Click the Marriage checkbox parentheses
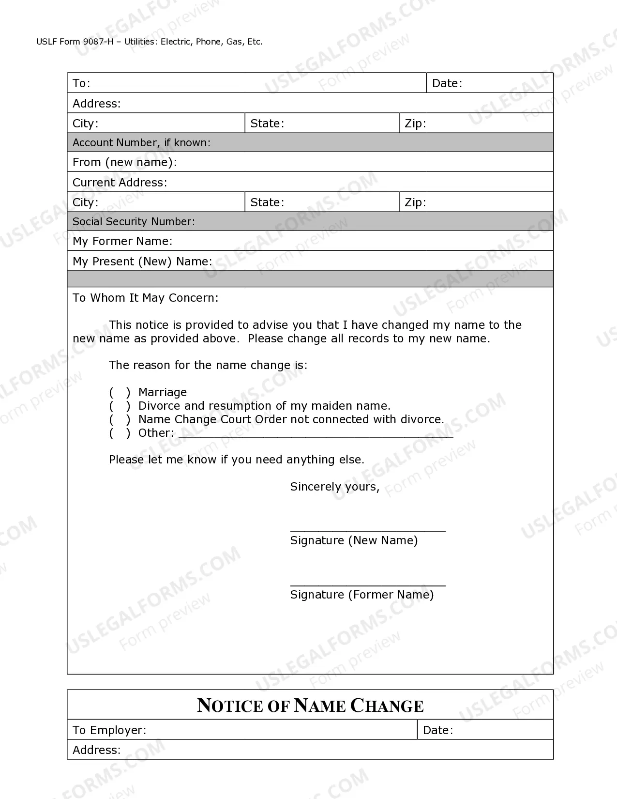coord(120,392)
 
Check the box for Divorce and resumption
coord(120,406)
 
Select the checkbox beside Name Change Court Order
coord(120,419)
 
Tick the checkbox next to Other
coord(120,433)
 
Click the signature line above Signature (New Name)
coord(367,528)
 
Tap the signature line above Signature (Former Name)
coord(367,582)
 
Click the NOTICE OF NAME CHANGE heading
coord(310,706)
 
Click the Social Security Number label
coord(134,222)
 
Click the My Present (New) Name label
coord(142,261)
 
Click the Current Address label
coord(120,183)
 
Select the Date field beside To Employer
coord(501,730)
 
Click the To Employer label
coord(109,730)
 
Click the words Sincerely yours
coord(334,487)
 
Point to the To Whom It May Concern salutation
coord(145,298)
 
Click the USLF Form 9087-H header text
coord(149,42)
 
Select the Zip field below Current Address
coord(486,202)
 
